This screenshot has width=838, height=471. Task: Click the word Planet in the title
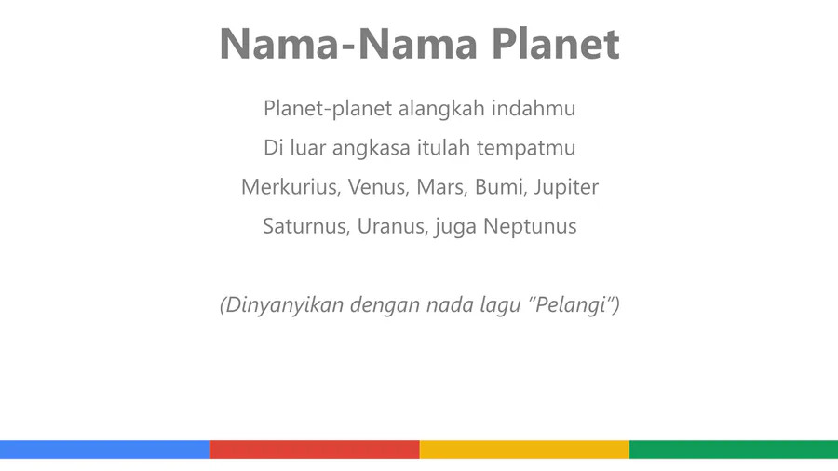555,43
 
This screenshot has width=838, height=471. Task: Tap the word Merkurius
291,187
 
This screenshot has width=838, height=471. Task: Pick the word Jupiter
566,187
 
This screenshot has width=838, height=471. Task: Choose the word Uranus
393,226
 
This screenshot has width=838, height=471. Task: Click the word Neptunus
530,227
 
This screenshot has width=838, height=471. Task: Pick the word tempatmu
526,148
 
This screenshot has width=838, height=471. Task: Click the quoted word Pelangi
571,305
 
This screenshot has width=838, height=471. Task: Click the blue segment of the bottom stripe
104,450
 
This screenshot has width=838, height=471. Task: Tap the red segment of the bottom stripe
315,450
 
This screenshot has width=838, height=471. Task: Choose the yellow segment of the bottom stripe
524,450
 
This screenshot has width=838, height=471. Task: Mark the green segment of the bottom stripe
734,450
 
